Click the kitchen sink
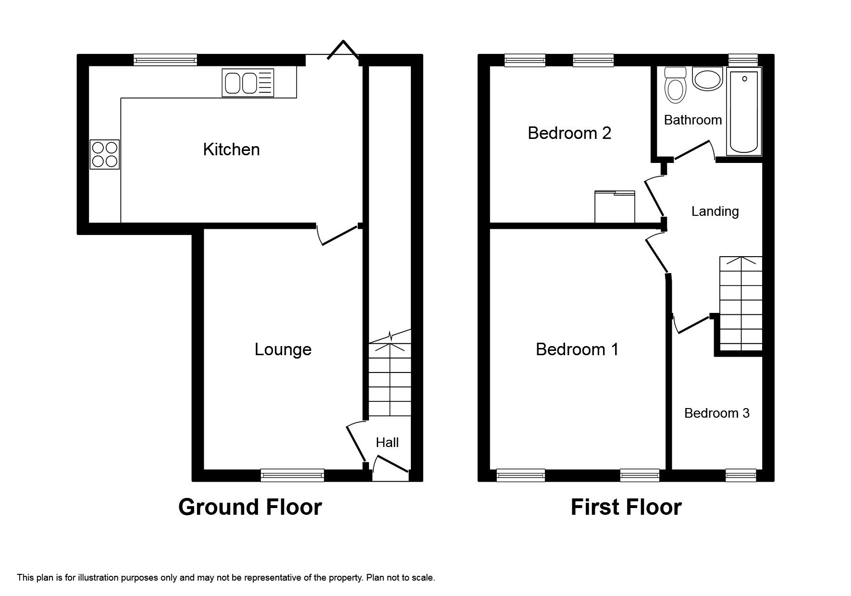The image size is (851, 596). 248,82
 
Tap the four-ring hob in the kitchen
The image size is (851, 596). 105,154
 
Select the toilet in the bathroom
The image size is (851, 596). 675,85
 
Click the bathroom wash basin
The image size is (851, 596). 708,79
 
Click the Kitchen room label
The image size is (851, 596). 231,149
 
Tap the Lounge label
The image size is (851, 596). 283,349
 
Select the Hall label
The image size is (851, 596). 387,442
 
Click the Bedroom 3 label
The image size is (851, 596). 716,413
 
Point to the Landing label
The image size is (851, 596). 715,211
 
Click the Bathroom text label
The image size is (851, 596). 693,120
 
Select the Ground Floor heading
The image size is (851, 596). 250,507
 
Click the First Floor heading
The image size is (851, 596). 626,507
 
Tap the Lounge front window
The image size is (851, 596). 292,475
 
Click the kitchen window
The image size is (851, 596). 165,60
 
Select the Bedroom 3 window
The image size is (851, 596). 740,475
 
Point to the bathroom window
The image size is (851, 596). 743,60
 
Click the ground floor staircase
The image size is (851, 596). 390,374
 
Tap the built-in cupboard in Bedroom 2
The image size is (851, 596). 615,207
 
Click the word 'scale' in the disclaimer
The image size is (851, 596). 424,578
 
